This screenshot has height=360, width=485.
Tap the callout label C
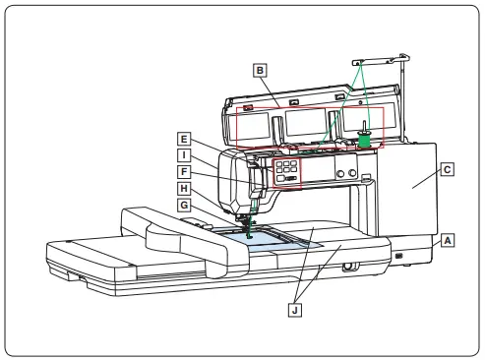(448, 169)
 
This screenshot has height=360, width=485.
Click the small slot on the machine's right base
(399, 256)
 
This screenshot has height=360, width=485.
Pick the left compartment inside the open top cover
(259, 123)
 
